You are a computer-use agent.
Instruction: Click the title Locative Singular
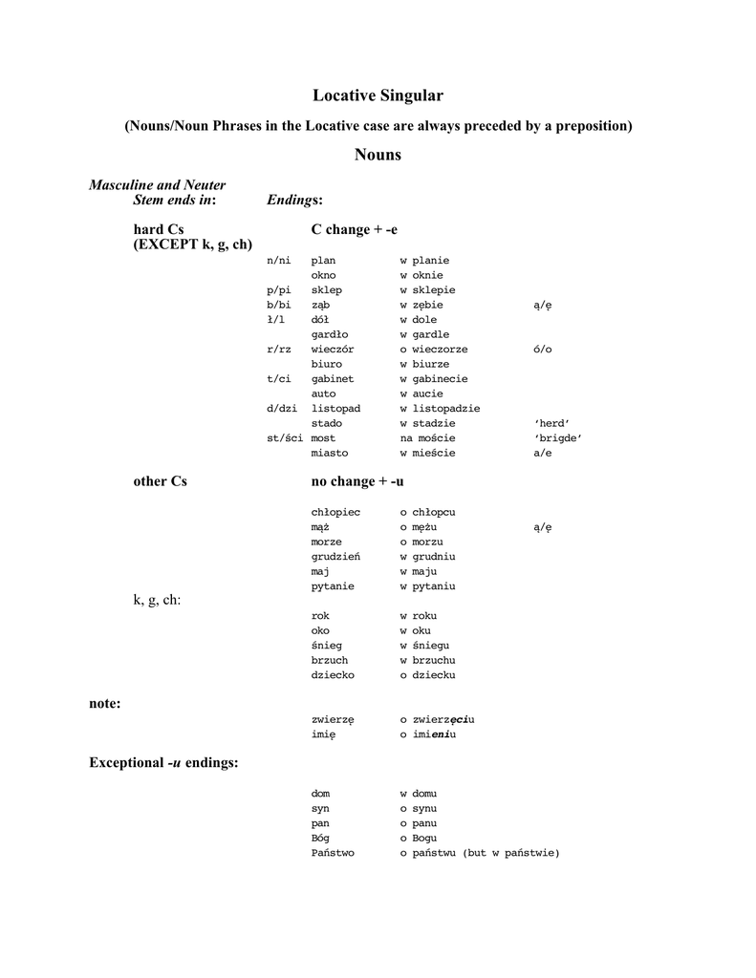coord(378,96)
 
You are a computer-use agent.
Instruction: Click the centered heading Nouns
coord(378,155)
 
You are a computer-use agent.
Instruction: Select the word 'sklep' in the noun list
coord(326,290)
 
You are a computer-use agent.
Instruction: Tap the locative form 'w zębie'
coord(421,305)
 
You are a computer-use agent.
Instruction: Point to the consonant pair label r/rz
coord(278,350)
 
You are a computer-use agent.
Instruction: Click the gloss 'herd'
coord(551,423)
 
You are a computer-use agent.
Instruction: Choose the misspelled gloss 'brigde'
coord(558,438)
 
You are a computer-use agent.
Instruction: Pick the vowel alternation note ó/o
coord(542,350)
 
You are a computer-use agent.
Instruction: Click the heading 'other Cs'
coord(160,481)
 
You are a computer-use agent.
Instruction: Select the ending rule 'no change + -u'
coord(357,481)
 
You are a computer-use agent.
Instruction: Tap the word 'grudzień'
coord(335,557)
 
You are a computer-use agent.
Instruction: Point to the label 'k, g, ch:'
coord(157,599)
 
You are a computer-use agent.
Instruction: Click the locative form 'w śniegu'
coord(424,646)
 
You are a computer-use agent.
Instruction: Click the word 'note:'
coord(105,703)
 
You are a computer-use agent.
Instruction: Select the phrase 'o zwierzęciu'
coord(437,719)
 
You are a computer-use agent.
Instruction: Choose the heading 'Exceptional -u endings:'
coord(163,762)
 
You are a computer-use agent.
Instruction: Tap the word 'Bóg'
coord(320,839)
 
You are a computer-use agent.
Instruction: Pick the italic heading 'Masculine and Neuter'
coord(158,184)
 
